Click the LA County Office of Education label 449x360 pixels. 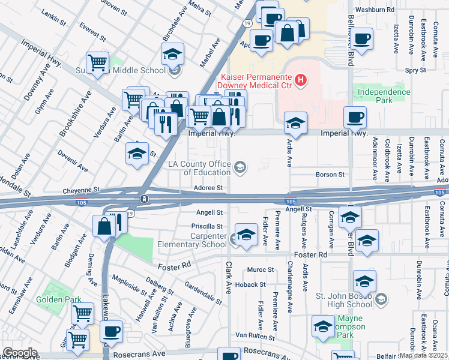point(200,168)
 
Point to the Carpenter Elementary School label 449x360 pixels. point(192,240)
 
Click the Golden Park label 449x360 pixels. point(53,299)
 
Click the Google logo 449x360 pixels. point(20,353)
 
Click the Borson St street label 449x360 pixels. point(330,175)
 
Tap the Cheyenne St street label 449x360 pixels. point(80,191)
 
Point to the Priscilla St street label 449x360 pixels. point(211,227)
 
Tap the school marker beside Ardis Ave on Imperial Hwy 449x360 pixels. point(295,123)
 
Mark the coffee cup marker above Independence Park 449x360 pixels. point(361,39)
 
